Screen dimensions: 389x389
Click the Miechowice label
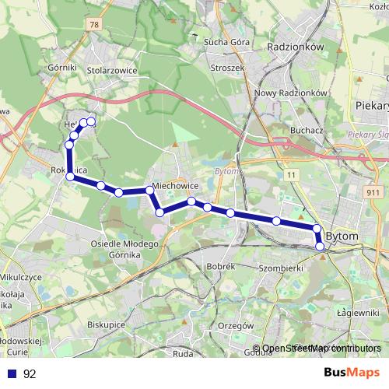(177, 187)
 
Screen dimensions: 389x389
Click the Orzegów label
(237, 324)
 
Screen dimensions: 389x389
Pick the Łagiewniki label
(364, 313)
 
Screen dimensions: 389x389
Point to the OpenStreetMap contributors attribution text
(317, 349)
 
